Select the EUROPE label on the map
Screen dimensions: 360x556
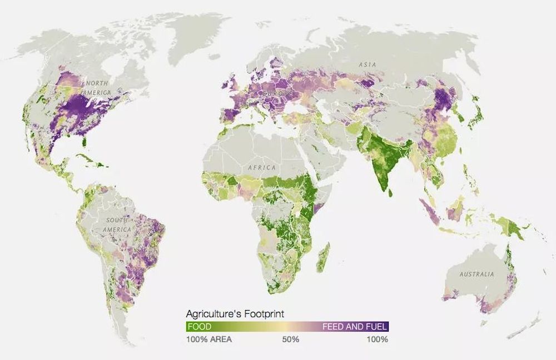click(x=277, y=94)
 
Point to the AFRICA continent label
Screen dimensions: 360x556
click(x=262, y=168)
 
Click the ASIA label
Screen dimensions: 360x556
click(x=368, y=65)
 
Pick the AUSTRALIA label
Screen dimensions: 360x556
click(x=476, y=274)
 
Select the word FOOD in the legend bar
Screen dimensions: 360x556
click(x=199, y=327)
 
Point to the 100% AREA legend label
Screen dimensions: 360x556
click(x=209, y=339)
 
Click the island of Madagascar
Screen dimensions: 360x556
click(x=323, y=257)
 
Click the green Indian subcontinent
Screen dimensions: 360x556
click(x=384, y=158)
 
